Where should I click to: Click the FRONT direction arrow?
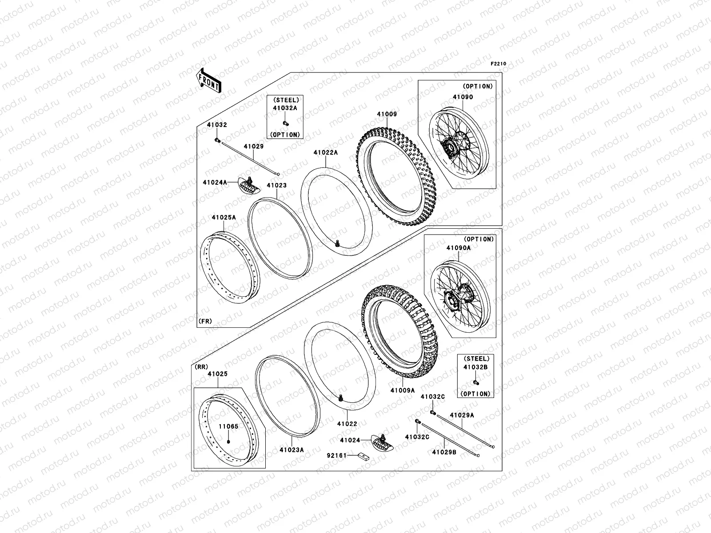pyautogui.click(x=208, y=81)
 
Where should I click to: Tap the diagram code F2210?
pyautogui.click(x=498, y=64)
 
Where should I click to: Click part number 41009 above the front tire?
pyautogui.click(x=387, y=114)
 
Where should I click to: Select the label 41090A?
pyautogui.click(x=459, y=248)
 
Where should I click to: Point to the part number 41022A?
pyautogui.click(x=326, y=152)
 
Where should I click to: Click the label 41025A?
pyautogui.click(x=224, y=218)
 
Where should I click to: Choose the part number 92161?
pyautogui.click(x=336, y=456)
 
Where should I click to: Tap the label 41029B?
pyautogui.click(x=444, y=452)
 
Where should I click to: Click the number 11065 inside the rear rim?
pyautogui.click(x=228, y=426)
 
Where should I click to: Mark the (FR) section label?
pyautogui.click(x=205, y=321)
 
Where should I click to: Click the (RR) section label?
pyautogui.click(x=201, y=367)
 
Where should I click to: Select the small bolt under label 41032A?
pyautogui.click(x=285, y=123)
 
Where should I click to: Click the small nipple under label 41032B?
pyautogui.click(x=476, y=382)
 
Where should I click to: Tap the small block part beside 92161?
pyautogui.click(x=363, y=457)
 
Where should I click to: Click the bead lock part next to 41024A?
pyautogui.click(x=249, y=185)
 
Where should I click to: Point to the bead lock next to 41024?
pyautogui.click(x=383, y=443)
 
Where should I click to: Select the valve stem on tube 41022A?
pyautogui.click(x=337, y=243)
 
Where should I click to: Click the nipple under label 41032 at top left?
pyautogui.click(x=217, y=140)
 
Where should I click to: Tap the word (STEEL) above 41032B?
pyautogui.click(x=476, y=358)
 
